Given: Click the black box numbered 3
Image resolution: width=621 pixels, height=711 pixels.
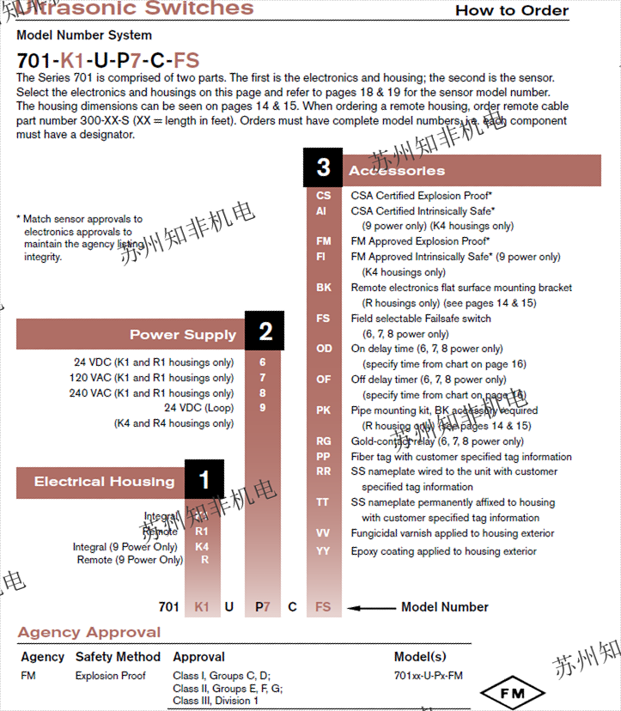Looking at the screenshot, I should [323, 167].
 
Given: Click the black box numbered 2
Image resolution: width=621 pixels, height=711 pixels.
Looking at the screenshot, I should [265, 331].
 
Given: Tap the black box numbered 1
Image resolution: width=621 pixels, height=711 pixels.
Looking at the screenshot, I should [204, 480].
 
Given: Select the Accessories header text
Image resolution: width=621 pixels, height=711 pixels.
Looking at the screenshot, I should [397, 171].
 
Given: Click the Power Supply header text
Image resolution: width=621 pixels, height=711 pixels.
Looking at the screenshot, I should [182, 335].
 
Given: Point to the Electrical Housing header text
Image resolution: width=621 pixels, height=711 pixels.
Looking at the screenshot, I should [104, 482].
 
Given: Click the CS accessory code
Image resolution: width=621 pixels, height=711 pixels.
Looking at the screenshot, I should [323, 196].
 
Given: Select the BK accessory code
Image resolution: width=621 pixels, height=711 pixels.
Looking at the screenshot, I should [323, 288].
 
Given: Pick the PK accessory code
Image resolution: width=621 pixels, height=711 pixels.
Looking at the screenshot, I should [323, 410].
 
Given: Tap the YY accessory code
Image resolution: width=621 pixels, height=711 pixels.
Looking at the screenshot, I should [323, 551].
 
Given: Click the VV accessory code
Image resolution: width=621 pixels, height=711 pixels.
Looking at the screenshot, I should [323, 533].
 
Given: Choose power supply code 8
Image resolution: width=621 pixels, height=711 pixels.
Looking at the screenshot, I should [263, 393].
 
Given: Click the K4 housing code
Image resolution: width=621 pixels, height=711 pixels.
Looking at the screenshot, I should [202, 547].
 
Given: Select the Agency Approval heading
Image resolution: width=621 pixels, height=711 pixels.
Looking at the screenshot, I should [89, 633].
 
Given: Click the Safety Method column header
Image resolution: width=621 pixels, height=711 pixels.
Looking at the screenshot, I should [118, 657].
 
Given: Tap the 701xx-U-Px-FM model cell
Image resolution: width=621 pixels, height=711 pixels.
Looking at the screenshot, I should [428, 676].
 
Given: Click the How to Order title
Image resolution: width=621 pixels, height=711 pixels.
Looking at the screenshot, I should [512, 10].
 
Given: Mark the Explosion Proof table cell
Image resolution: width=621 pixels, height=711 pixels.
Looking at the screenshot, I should [110, 676].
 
